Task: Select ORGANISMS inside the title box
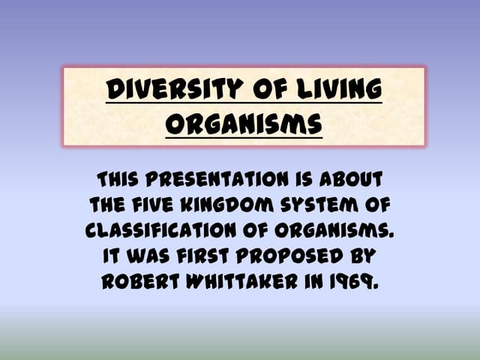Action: pyautogui.click(x=244, y=122)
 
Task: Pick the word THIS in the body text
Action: pyautogui.click(x=123, y=181)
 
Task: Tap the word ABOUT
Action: pyautogui.click(x=349, y=181)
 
